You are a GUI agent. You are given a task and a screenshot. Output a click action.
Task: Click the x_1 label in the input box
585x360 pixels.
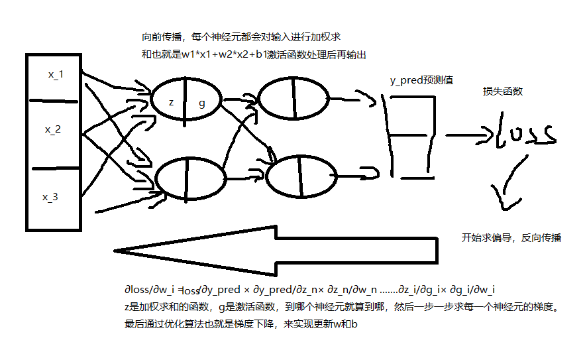pyautogui.click(x=56, y=75)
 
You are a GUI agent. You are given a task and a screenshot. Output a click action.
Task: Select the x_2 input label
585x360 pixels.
pyautogui.click(x=53, y=130)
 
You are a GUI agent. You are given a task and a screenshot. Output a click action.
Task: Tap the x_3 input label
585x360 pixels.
pyautogui.click(x=51, y=197)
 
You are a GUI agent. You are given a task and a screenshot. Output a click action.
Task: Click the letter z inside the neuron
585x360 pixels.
pyautogui.click(x=171, y=103)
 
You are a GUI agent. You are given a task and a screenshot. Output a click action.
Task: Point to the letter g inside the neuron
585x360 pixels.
pyautogui.click(x=202, y=103)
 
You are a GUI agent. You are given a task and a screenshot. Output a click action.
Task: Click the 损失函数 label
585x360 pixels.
pyautogui.click(x=503, y=91)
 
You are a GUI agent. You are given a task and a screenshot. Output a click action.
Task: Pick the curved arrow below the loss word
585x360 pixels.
pyautogui.click(x=507, y=186)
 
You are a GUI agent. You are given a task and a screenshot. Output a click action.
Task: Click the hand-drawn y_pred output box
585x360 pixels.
pyautogui.click(x=411, y=136)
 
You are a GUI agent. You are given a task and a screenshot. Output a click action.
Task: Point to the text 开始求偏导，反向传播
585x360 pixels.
pyautogui.click(x=511, y=237)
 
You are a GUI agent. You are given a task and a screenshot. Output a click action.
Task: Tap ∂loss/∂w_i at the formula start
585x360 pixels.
pyautogui.click(x=149, y=290)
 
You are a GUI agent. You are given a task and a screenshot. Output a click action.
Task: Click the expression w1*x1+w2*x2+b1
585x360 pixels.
pyautogui.click(x=226, y=55)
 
